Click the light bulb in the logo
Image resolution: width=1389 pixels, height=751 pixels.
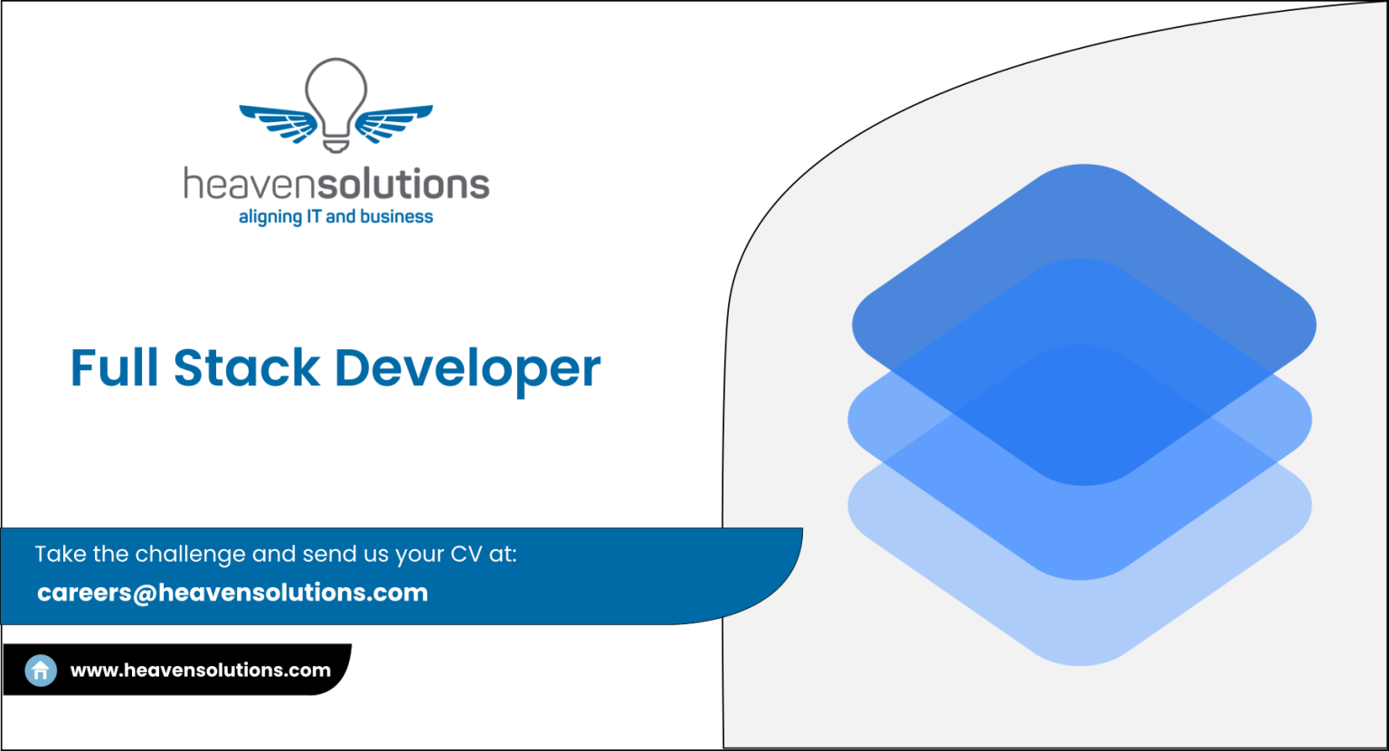coord(336,106)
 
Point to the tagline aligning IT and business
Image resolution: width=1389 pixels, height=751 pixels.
coord(335,216)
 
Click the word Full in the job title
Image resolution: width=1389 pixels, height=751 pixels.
coord(115,367)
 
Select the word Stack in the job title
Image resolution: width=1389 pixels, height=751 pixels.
coord(247,367)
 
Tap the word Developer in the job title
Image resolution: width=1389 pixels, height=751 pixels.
coord(468,371)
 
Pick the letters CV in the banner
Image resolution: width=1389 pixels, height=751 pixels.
coord(467,555)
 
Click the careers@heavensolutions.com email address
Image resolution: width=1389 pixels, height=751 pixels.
coord(232,593)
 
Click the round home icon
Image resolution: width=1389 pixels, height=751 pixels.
coord(41,670)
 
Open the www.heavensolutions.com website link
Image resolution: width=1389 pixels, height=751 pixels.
coord(200,670)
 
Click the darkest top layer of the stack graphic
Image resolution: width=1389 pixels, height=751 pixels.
coord(1084,261)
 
